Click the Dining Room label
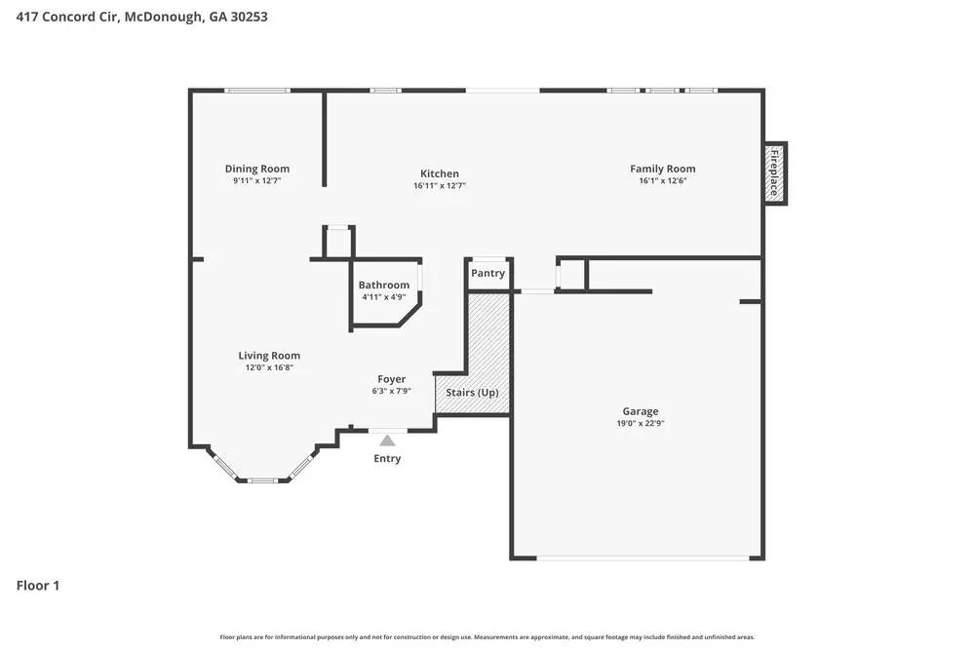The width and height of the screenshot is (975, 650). [x=257, y=169]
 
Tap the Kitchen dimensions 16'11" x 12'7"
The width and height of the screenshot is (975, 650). [x=440, y=185]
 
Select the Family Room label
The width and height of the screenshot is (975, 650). [x=662, y=169]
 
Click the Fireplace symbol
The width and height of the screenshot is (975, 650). [x=775, y=173]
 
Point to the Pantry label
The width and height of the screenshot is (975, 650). [x=487, y=273]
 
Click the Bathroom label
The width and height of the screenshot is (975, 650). [x=383, y=286]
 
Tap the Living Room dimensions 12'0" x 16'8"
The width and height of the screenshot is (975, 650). [x=269, y=367]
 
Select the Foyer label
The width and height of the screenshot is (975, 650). [x=392, y=379]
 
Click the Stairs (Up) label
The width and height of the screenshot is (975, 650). [x=472, y=393]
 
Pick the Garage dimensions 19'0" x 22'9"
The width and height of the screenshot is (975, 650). [x=641, y=423]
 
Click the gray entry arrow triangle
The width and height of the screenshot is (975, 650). [x=387, y=440]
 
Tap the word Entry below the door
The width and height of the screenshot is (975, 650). [x=387, y=458]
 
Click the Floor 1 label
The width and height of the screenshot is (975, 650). [x=38, y=586]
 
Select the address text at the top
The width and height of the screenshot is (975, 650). [x=141, y=17]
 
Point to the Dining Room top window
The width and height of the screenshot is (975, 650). [x=257, y=91]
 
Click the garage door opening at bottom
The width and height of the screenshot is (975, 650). [x=643, y=558]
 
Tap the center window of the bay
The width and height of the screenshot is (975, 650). [x=262, y=480]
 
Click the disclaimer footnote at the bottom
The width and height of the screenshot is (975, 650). [x=487, y=637]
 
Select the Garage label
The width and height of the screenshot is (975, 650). [x=641, y=411]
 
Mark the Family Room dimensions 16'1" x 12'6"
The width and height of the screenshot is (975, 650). [x=662, y=180]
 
